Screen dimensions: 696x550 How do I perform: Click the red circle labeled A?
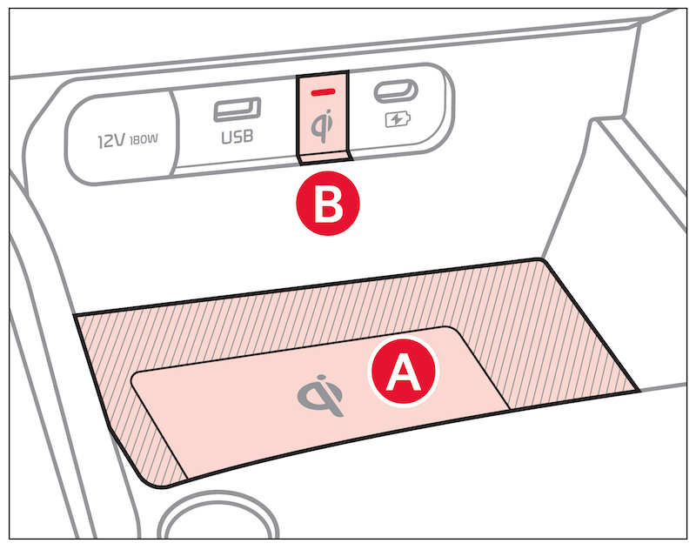403,372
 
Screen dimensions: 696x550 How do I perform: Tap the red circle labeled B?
328,204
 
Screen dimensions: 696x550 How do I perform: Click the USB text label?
237,137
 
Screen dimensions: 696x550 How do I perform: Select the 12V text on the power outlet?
111,141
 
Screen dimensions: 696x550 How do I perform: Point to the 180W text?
144,140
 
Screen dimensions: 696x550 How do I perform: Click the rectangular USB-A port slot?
237,109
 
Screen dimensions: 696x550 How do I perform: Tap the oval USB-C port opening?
396,91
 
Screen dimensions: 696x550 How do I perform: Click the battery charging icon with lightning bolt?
398,119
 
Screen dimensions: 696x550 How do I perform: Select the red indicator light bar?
323,92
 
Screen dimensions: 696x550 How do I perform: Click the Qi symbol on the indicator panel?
321,125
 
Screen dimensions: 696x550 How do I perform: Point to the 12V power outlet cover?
121,139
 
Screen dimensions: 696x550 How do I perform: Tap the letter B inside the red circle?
328,205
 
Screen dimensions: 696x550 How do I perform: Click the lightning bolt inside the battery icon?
396,119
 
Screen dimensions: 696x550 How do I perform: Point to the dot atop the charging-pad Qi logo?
320,379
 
